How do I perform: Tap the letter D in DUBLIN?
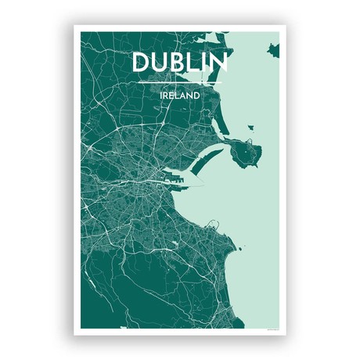(139, 63)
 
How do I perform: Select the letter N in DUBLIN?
(220, 63)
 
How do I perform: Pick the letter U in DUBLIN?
(158, 63)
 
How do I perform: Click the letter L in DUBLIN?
(193, 63)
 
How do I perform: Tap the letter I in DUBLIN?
(204, 63)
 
